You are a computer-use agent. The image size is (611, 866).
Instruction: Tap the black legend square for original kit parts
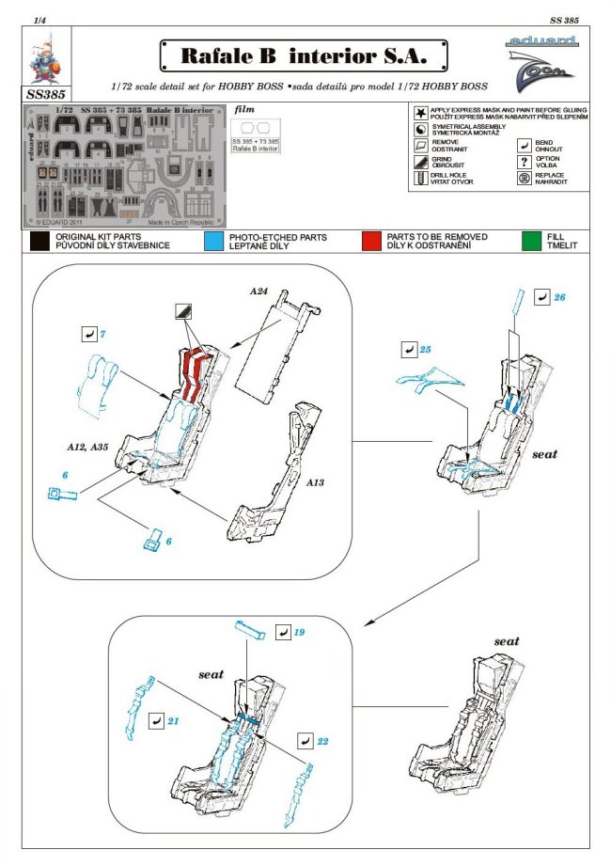click(x=39, y=242)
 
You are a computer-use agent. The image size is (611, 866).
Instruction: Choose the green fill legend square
click(x=532, y=242)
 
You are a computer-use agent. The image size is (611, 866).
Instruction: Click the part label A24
click(x=260, y=292)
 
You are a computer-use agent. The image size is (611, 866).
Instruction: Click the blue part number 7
click(x=101, y=334)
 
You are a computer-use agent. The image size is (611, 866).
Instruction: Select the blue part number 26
click(x=560, y=297)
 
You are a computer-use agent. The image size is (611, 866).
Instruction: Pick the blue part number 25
click(x=425, y=350)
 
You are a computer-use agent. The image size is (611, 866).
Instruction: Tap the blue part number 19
click(x=299, y=633)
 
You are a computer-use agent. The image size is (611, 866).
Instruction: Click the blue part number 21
click(x=175, y=720)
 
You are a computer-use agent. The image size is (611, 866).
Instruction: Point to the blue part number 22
click(x=322, y=741)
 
